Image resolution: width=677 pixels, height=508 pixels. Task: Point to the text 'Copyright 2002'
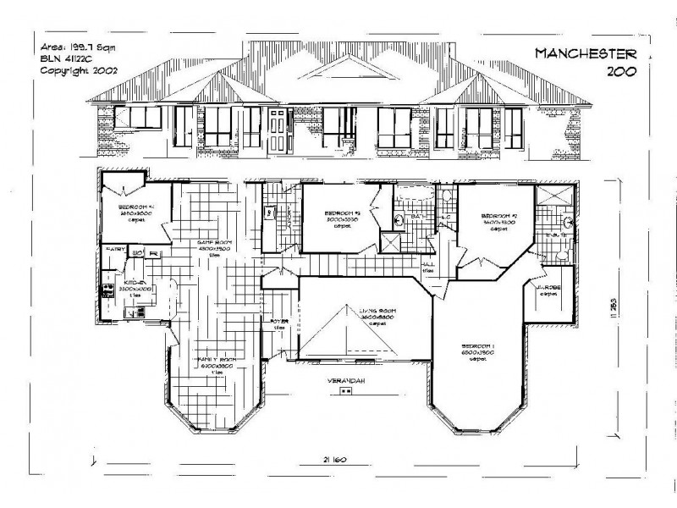(79, 71)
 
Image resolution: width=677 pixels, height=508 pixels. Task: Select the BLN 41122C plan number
(69, 59)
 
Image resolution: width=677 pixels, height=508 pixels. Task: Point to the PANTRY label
(114, 250)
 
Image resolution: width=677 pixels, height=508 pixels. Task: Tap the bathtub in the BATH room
(415, 198)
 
